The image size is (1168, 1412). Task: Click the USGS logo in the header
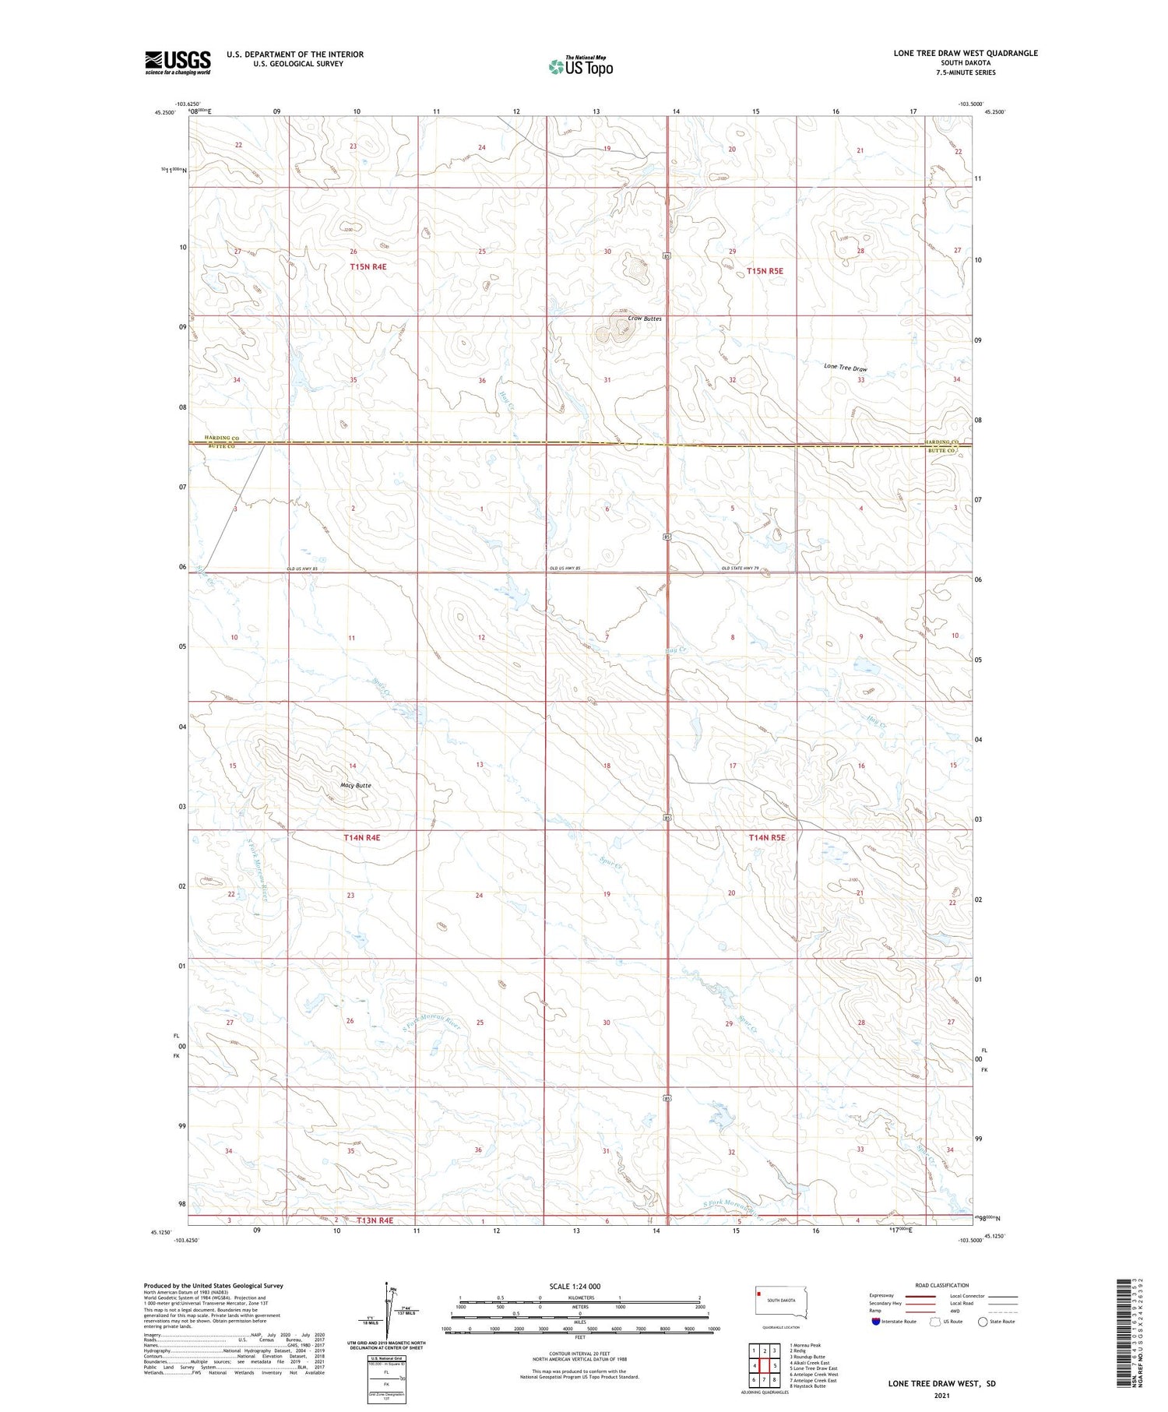[178, 62]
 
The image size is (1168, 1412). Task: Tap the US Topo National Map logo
[581, 66]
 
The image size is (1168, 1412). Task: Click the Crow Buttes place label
[645, 319]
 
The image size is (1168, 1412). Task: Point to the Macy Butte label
[356, 785]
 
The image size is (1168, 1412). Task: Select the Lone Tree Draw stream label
[846, 368]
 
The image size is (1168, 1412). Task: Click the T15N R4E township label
[368, 266]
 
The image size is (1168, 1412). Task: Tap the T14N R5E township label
[766, 837]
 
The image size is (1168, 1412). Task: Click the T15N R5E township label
[765, 271]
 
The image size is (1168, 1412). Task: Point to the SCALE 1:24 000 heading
[575, 1286]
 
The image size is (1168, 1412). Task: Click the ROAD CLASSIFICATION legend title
[942, 1285]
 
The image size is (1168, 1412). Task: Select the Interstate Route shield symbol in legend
[877, 1322]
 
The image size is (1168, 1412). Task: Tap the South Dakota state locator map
[780, 1302]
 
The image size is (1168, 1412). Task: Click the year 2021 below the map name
[942, 1395]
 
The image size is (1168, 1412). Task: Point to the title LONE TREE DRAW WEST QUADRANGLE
[966, 53]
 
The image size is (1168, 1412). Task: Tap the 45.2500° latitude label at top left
[165, 112]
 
